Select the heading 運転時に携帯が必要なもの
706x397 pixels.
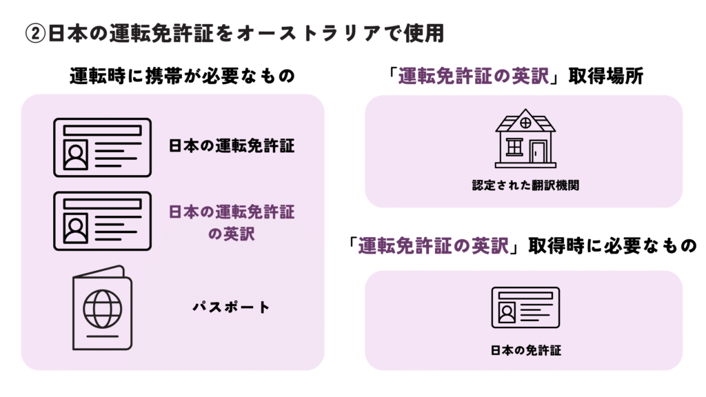coord(182,76)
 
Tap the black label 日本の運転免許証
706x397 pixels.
coord(232,147)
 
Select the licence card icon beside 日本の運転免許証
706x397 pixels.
coord(102,147)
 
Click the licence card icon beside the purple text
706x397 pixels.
coord(102,221)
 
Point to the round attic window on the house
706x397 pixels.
coord(525,123)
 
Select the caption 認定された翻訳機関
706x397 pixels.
coord(525,185)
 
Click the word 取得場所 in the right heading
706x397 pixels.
coord(606,76)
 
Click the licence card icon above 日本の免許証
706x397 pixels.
coord(525,307)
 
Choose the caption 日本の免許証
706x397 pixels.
coord(525,350)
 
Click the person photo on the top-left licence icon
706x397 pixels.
coord(73,156)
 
